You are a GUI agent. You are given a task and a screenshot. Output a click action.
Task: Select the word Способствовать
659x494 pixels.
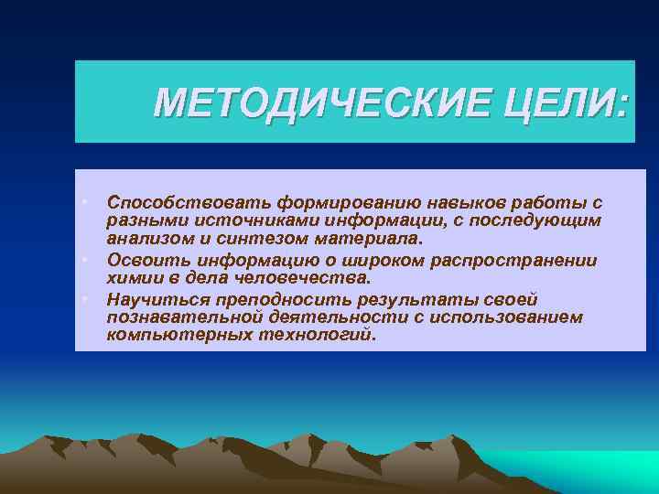pos(173,201)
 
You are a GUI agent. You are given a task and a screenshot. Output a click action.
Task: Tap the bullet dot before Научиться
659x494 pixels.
pos(83,298)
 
